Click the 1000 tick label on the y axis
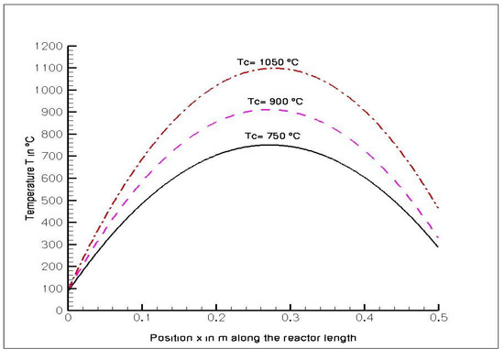pos(50,90)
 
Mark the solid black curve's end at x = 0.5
pos(439,247)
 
